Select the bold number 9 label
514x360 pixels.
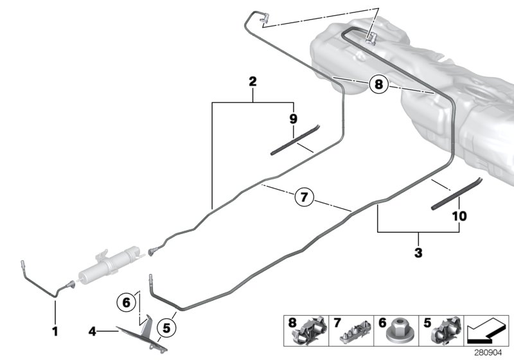[294, 119]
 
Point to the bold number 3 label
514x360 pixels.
[418, 253]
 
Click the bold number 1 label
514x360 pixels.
[55, 332]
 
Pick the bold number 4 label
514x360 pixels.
[92, 332]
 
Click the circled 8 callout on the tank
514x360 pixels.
[379, 84]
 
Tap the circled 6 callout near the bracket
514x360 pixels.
[127, 300]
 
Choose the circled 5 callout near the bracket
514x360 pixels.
[165, 328]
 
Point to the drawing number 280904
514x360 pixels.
[491, 353]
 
